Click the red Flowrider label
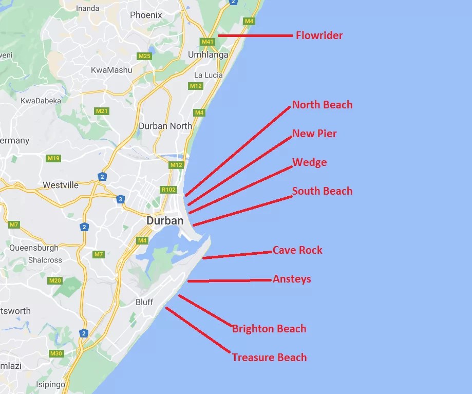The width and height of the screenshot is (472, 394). click(x=319, y=35)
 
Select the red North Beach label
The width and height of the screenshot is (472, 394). click(x=322, y=105)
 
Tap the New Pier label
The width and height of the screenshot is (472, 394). click(x=314, y=134)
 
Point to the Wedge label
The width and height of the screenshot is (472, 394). click(x=309, y=162)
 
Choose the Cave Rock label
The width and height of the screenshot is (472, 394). click(x=297, y=250)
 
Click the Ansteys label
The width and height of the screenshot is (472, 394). click(x=292, y=279)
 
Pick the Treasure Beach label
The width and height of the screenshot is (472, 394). click(x=269, y=358)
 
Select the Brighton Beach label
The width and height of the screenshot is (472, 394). click(x=269, y=329)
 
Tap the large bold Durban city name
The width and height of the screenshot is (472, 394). click(x=165, y=220)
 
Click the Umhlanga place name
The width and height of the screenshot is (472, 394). click(x=205, y=54)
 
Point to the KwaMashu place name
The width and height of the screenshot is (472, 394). click(x=111, y=70)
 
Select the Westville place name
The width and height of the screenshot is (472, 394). click(x=61, y=185)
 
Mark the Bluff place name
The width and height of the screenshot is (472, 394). click(x=144, y=302)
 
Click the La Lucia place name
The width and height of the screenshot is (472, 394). click(x=209, y=75)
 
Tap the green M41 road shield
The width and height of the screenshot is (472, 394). click(x=207, y=42)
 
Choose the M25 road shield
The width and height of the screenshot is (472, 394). click(x=145, y=56)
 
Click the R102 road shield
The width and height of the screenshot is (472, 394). click(x=168, y=190)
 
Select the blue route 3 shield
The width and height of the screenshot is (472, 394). click(x=120, y=199)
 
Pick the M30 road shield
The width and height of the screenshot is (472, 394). click(x=56, y=353)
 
